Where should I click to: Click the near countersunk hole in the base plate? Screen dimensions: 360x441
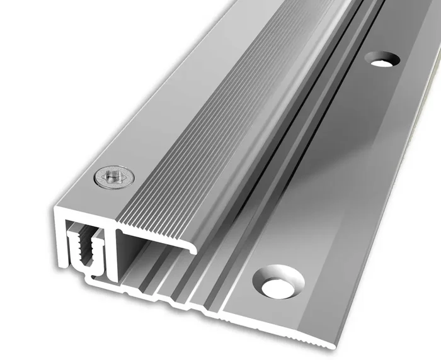pos(278,281)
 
